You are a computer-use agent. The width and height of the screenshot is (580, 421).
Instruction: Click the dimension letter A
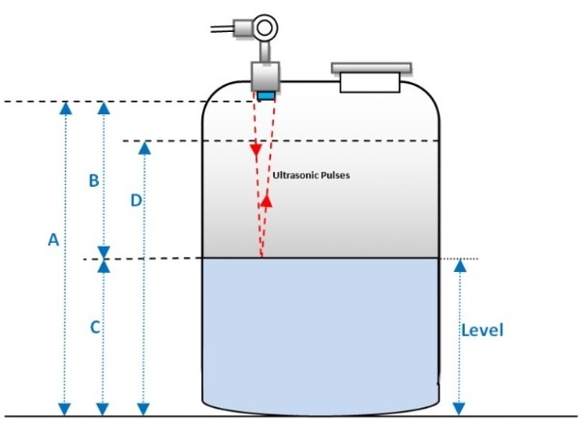click(x=53, y=239)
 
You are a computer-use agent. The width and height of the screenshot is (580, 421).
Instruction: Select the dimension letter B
click(x=94, y=180)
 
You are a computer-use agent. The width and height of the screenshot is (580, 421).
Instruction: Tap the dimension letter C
click(x=95, y=327)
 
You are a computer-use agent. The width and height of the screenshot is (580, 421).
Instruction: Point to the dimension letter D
click(x=137, y=200)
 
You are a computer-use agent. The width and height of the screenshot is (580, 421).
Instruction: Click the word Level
click(x=482, y=330)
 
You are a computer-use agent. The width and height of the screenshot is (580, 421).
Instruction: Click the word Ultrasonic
click(x=294, y=175)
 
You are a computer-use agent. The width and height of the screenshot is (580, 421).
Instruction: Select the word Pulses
click(x=335, y=175)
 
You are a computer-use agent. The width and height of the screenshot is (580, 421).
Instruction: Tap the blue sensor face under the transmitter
click(x=266, y=96)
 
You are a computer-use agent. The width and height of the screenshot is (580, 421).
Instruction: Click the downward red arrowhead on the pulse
click(x=256, y=150)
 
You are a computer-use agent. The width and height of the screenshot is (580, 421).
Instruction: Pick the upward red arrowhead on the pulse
click(x=266, y=201)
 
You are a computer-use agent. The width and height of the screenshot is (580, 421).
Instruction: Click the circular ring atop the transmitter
click(x=265, y=28)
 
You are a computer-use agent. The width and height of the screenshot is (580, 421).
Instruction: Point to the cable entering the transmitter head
click(x=222, y=29)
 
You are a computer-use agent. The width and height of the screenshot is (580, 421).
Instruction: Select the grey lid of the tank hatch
click(x=372, y=68)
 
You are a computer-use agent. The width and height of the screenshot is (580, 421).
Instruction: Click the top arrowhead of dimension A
click(x=66, y=107)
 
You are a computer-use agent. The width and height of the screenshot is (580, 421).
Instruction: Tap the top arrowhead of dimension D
click(x=144, y=148)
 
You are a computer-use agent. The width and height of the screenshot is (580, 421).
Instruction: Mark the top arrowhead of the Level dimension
click(x=460, y=266)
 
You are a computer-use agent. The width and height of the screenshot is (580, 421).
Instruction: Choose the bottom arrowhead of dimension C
click(x=103, y=409)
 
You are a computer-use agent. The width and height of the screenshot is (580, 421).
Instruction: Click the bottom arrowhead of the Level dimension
click(x=459, y=408)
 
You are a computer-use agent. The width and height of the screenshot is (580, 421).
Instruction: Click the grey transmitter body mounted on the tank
click(x=265, y=76)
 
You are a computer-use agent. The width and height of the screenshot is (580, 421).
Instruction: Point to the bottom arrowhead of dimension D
click(x=143, y=409)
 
